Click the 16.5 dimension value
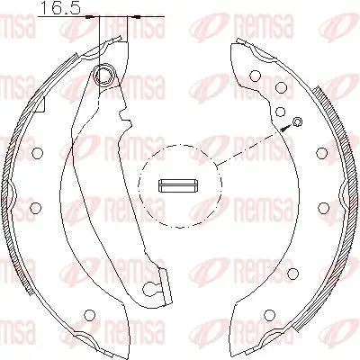pos(60,8)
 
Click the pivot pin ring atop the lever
pos(104,75)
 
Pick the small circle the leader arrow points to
pos(298,121)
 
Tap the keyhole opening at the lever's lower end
pos(150,289)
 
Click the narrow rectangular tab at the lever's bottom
pos(167,287)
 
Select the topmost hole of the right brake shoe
pos(255,76)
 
